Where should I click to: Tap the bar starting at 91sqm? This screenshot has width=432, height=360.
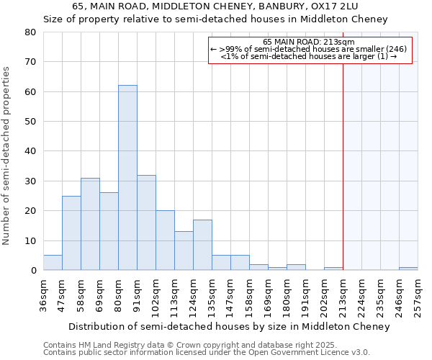pyautogui.click(x=146, y=222)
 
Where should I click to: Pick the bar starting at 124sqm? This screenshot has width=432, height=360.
pyautogui.click(x=202, y=245)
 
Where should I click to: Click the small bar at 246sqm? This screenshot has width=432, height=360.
pyautogui.click(x=408, y=269)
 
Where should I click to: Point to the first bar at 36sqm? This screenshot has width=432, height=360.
pyautogui.click(x=53, y=263)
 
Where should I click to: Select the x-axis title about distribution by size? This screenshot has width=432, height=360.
pyautogui.click(x=230, y=326)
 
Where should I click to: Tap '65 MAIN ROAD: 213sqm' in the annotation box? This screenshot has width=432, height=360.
pyautogui.click(x=310, y=42)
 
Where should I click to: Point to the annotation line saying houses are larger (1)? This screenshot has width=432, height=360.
pyautogui.click(x=310, y=56)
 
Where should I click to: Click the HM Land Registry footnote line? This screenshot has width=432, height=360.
pyautogui.click(x=180, y=345)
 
